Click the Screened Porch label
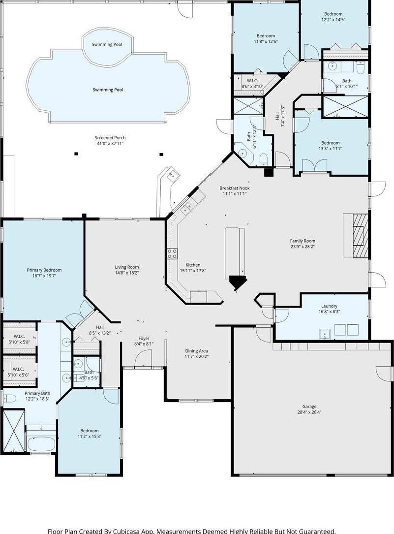coord(110,138)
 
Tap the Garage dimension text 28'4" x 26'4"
coord(309,412)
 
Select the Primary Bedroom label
coord(44,270)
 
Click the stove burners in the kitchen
coord(172,253)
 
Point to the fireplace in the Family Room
coord(360,235)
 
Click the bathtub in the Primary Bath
coord(41,444)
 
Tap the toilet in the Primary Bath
coord(9,398)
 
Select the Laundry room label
coord(329,306)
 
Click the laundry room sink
coord(326,335)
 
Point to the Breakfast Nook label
coord(235,188)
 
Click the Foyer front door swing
coord(143,359)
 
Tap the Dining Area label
coord(196,351)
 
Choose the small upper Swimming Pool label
coord(107,44)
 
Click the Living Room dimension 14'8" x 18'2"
coord(126,273)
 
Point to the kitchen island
coord(235,249)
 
